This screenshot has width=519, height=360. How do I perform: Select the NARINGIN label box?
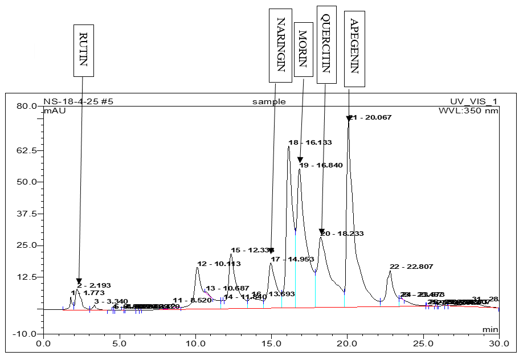280,44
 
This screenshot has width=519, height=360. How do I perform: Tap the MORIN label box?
303,49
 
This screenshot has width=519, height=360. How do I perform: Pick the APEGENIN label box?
354,47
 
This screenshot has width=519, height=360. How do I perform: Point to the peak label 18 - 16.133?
310,142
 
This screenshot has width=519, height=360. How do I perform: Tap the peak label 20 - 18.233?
342,234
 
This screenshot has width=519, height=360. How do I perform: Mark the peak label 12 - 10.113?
219,264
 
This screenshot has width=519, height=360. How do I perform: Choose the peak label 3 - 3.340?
111,301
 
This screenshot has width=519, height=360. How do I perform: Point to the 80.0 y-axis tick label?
26,106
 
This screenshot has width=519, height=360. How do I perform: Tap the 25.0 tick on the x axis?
423,344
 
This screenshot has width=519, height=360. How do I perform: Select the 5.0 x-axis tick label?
119,344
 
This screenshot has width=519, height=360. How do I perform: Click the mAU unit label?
55,111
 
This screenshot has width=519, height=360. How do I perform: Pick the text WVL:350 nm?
468,111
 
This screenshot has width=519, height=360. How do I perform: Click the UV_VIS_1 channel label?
473,102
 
